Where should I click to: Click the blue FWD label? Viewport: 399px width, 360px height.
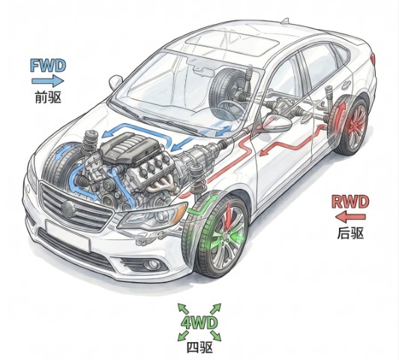click(48, 65)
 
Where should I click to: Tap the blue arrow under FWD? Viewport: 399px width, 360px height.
click(47, 81)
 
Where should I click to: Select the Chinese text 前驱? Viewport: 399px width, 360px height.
click(48, 97)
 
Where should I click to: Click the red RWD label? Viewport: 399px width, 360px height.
click(350, 202)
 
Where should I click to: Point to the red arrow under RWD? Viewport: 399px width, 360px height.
click(350, 217)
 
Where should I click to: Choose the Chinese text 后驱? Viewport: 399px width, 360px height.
click(350, 232)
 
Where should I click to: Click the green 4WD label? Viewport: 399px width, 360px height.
click(199, 322)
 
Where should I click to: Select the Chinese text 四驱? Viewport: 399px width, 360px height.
click(199, 347)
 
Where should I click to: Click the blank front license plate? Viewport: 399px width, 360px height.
click(68, 235)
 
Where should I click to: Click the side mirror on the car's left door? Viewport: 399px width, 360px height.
click(277, 123)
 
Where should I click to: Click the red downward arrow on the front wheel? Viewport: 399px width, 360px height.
click(228, 216)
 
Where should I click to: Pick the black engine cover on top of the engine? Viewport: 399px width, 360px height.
click(130, 147)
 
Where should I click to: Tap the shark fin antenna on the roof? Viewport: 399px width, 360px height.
click(285, 20)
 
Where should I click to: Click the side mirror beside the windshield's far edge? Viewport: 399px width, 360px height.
click(115, 82)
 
